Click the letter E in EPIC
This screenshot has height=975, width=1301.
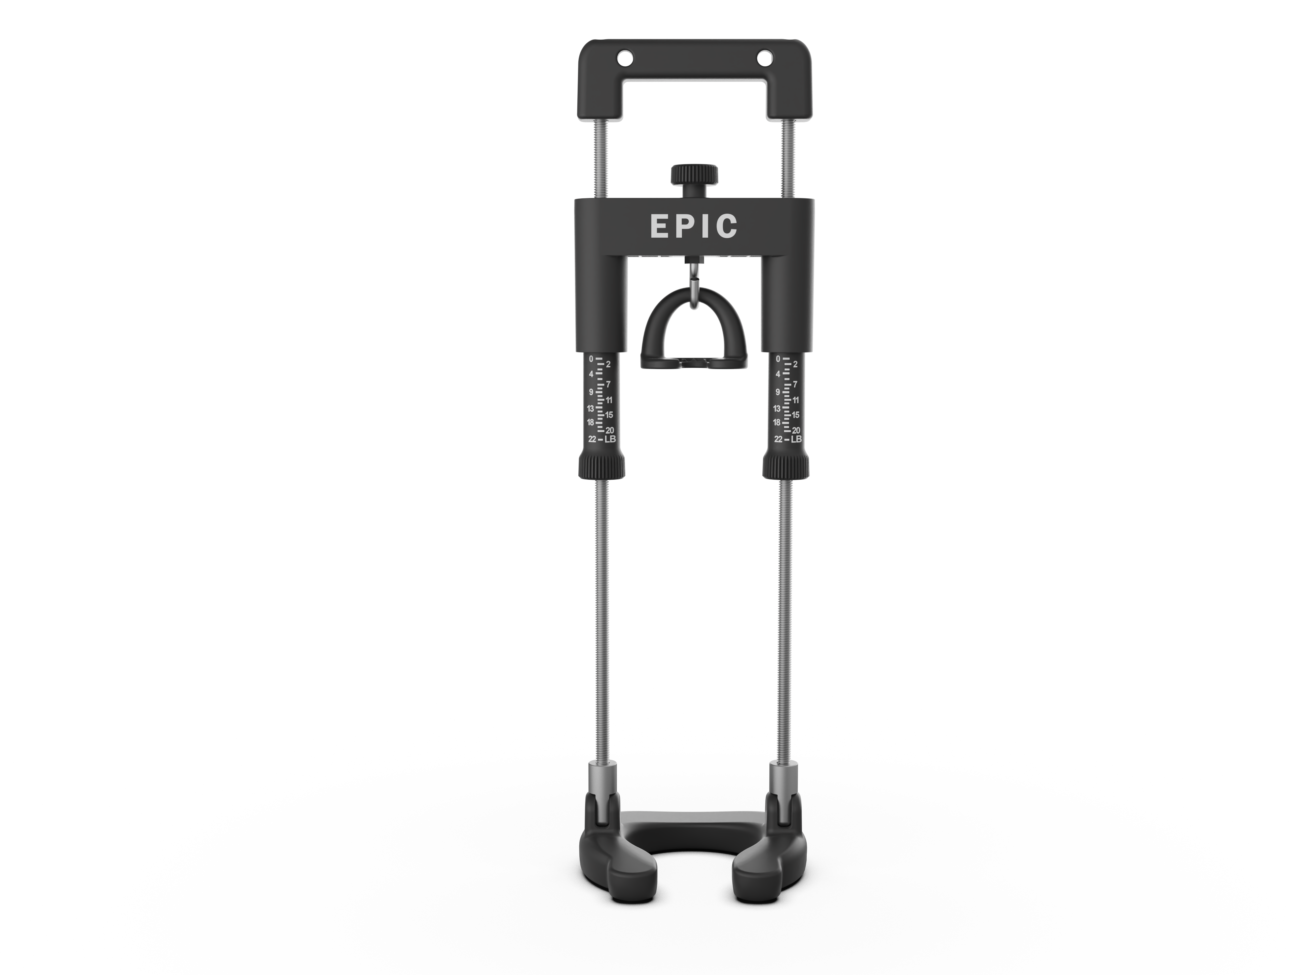click(x=659, y=226)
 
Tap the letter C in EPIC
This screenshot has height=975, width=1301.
click(x=727, y=226)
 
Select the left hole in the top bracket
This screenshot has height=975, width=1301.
click(x=624, y=59)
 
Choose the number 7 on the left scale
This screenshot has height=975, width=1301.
click(x=608, y=384)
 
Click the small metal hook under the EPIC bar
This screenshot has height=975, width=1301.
click(x=694, y=288)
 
